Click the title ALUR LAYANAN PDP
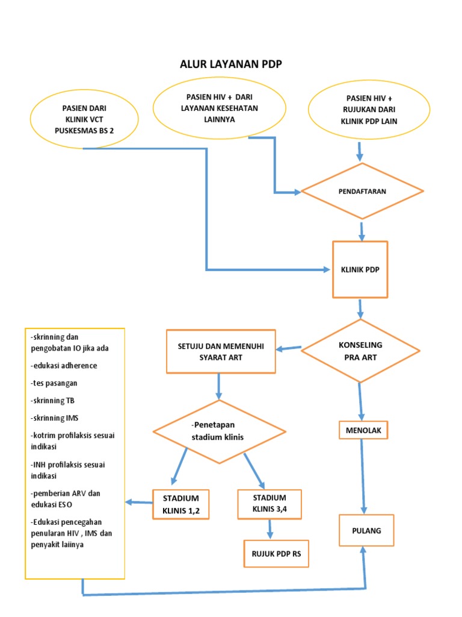tap(230, 64)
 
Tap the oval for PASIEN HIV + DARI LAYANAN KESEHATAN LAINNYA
tap(219, 108)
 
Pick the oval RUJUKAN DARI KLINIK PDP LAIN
tap(369, 110)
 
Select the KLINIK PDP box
tap(360, 269)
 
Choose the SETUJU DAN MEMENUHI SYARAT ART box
tap(221, 351)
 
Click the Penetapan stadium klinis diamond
tap(218, 432)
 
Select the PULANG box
tap(366, 530)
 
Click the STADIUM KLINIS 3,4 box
tap(269, 504)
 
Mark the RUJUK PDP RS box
tap(276, 554)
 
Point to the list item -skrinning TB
tap(52, 400)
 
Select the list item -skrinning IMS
tap(54, 418)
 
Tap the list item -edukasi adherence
tap(63, 365)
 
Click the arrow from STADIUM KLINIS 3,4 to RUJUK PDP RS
tap(270, 528)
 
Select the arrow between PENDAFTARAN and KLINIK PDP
tap(362, 231)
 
